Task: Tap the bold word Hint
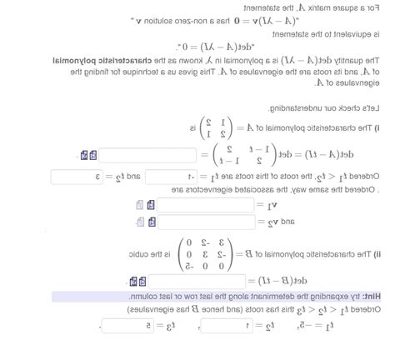coord(375,297)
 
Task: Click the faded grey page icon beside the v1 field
coord(140,204)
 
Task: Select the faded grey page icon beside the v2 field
coord(140,222)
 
